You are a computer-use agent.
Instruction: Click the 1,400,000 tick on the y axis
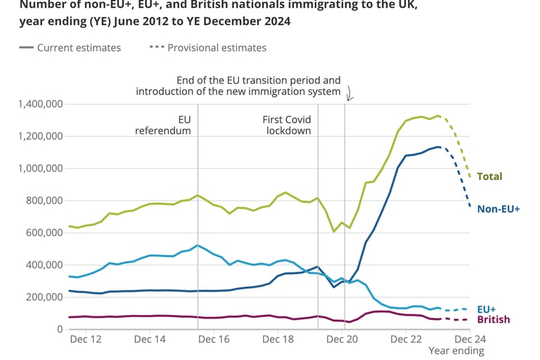pyautogui.click(x=39, y=104)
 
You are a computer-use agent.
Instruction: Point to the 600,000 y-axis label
pyautogui.click(x=43, y=233)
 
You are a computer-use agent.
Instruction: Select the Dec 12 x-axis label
pyautogui.click(x=86, y=340)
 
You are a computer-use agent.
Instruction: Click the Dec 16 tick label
pyautogui.click(x=214, y=340)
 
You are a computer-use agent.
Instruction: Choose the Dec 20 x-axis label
pyautogui.click(x=342, y=340)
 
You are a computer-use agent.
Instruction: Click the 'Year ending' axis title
pyautogui.click(x=459, y=351)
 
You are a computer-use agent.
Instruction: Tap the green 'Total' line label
pyautogui.click(x=489, y=176)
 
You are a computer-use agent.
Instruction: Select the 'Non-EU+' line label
pyautogui.click(x=498, y=209)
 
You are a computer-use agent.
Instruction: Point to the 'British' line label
pyautogui.click(x=494, y=320)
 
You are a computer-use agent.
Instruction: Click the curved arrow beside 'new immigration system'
pyautogui.click(x=349, y=93)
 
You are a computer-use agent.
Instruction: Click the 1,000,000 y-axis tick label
pyautogui.click(x=39, y=169)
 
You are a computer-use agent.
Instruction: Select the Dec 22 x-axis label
pyautogui.click(x=406, y=340)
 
